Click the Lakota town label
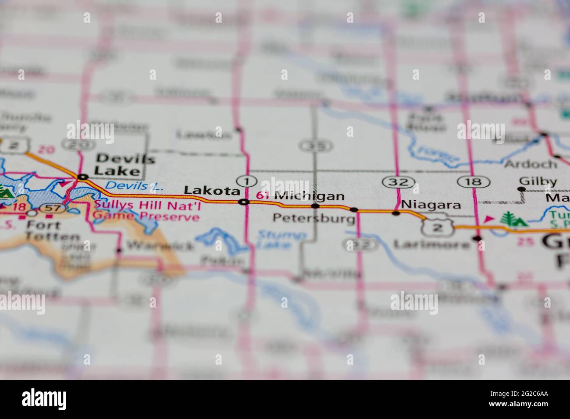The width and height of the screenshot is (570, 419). pyautogui.click(x=212, y=191)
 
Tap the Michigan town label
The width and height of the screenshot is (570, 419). pyautogui.click(x=309, y=196)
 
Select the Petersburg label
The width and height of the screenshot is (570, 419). pyautogui.click(x=313, y=218)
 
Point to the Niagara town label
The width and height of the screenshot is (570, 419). pyautogui.click(x=431, y=205)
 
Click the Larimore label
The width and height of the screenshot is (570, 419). pyautogui.click(x=431, y=244)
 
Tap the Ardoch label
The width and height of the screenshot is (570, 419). pyautogui.click(x=530, y=164)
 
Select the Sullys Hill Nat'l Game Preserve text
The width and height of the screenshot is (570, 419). pyautogui.click(x=147, y=210)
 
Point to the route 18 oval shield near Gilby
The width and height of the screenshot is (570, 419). pyautogui.click(x=474, y=181)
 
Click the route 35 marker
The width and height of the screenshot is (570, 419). pyautogui.click(x=314, y=145)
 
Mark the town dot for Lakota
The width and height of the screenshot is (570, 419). pyautogui.click(x=244, y=202)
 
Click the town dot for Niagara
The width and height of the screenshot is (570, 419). pyautogui.click(x=396, y=213)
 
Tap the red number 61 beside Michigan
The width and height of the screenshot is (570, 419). pyautogui.click(x=263, y=196)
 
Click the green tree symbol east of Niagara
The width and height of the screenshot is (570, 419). pyautogui.click(x=509, y=219)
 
